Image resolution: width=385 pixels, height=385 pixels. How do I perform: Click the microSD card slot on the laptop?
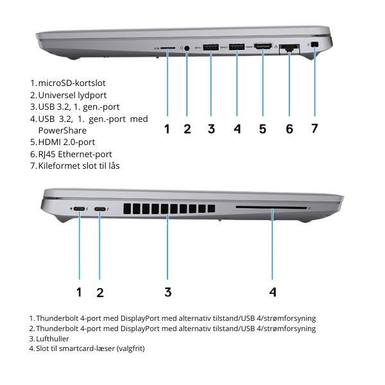pos(168,47)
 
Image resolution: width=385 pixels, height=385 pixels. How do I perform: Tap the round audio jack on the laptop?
pos(187,47)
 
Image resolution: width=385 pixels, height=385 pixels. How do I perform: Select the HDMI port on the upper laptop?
pos(262,47)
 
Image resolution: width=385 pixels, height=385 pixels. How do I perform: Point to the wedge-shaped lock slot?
pos(314,45)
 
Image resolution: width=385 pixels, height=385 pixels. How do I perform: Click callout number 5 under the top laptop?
pos(262,128)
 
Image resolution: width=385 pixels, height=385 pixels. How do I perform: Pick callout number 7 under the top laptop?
pos(314,128)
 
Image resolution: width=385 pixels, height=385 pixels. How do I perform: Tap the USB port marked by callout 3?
pos(211,47)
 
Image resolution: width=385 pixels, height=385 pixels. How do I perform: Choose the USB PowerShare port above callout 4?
pos(237,47)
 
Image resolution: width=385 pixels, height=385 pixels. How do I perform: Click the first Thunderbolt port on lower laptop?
pos(80,209)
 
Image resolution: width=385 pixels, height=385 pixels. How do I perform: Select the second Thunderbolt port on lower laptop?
pos(100,209)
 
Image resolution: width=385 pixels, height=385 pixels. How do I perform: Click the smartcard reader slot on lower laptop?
pos(271,209)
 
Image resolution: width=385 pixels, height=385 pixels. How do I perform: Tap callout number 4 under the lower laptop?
pos(273,292)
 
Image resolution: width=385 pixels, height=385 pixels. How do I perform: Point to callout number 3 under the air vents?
pos(167,292)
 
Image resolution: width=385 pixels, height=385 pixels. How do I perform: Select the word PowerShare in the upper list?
pos(62,130)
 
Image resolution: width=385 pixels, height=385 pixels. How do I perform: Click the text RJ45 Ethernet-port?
pos(75,154)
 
